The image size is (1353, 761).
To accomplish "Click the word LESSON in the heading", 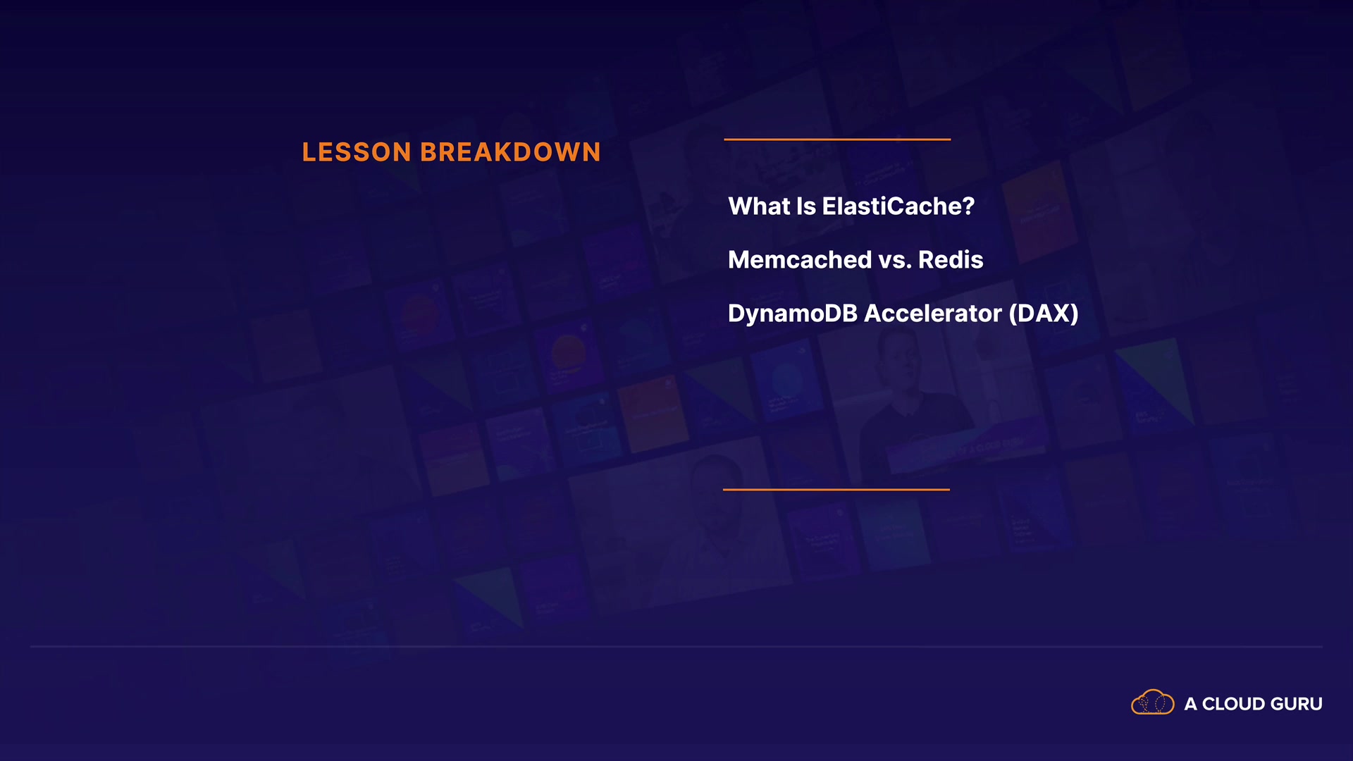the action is [x=357, y=152].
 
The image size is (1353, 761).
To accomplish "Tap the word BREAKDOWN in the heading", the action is [x=510, y=152].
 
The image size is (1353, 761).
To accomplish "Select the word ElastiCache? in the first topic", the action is [x=898, y=206].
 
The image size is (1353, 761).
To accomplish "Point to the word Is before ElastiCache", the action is [x=806, y=206].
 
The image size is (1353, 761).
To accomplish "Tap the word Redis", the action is [x=951, y=260].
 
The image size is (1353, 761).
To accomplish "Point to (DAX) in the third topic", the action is [x=1044, y=314].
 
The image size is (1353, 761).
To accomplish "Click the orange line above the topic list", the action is [x=837, y=140].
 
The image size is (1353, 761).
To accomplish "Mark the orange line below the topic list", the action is [x=836, y=489].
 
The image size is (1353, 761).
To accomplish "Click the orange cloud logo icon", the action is [x=1153, y=703].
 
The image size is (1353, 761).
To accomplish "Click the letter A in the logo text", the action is [x=1191, y=704].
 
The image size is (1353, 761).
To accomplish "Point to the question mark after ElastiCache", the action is [x=968, y=206].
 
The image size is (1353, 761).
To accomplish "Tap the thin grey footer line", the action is [x=676, y=646].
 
